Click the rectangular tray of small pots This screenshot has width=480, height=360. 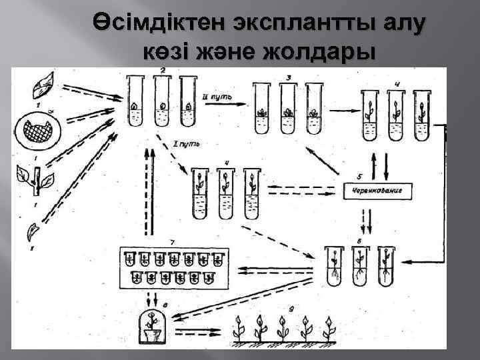click(175, 267)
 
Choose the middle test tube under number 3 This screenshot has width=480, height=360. click(288, 103)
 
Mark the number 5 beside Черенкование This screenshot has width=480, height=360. click(360, 177)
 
